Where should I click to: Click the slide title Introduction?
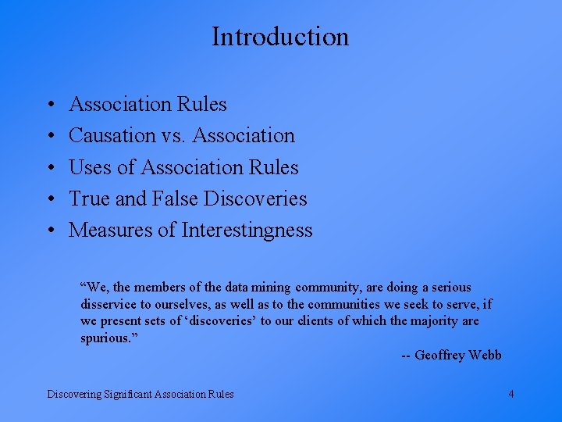click(280, 37)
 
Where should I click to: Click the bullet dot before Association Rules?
click(49, 104)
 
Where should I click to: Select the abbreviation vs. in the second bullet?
click(174, 135)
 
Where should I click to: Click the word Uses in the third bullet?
click(89, 167)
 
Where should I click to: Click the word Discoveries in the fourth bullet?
click(255, 198)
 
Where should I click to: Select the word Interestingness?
click(247, 230)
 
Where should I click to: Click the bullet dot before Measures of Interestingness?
click(49, 230)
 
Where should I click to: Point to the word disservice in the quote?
click(108, 304)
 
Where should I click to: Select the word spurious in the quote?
click(107, 338)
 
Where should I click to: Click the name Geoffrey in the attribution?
click(440, 356)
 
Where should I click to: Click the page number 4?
click(510, 394)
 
